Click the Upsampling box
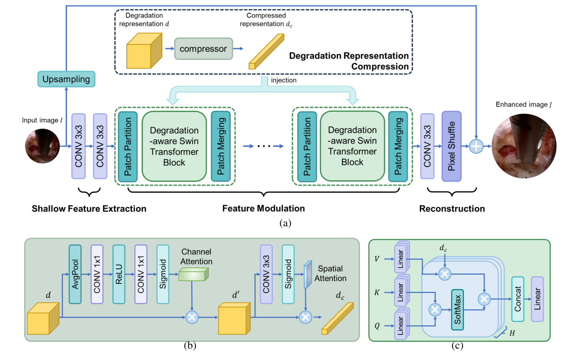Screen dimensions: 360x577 [x=66, y=79]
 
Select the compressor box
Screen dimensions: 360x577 [x=203, y=49]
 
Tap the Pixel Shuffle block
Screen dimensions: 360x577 [x=451, y=146]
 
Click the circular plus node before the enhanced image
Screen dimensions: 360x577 [x=476, y=146]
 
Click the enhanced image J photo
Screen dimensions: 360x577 [x=524, y=146]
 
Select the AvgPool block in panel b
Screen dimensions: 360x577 [x=75, y=274]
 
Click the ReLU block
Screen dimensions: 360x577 [x=119, y=274]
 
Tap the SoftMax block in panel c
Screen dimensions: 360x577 [x=457, y=309]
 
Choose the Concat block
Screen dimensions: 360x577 [x=518, y=299]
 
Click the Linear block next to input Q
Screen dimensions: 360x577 [x=400, y=326]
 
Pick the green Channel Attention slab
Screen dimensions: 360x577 [x=193, y=275]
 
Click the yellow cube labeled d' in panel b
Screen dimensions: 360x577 [x=234, y=319]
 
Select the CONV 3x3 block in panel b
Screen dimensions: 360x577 [x=266, y=274]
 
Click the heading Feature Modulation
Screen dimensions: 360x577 [x=263, y=208]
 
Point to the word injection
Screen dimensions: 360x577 [x=283, y=80]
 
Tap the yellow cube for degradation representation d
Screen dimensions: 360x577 [x=144, y=51]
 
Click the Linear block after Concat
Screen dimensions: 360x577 [x=537, y=299]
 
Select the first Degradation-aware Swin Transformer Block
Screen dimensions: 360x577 [x=174, y=146]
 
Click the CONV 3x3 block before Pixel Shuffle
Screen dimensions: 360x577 [x=427, y=146]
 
